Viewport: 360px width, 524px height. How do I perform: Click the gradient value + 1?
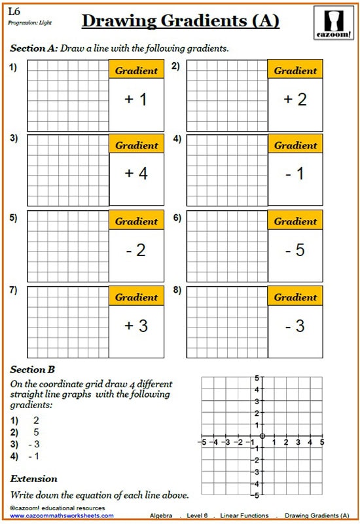tap(136, 100)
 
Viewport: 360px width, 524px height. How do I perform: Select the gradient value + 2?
tap(296, 100)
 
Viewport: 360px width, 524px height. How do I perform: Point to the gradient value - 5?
tap(296, 250)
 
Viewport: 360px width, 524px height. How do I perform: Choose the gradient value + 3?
tap(136, 326)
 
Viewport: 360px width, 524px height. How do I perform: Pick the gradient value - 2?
tap(136, 250)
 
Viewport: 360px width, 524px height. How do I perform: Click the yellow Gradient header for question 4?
tap(296, 145)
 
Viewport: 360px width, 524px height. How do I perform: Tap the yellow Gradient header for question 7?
tap(136, 297)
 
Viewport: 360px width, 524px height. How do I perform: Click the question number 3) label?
tap(14, 139)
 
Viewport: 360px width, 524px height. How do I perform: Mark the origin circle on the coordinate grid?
tap(262, 436)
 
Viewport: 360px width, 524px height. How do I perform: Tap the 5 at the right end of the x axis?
tap(321, 443)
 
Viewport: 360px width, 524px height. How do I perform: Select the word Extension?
tap(33, 479)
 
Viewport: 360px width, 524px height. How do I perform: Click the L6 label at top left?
tap(14, 11)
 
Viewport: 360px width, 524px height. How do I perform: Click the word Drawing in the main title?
tap(120, 22)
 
